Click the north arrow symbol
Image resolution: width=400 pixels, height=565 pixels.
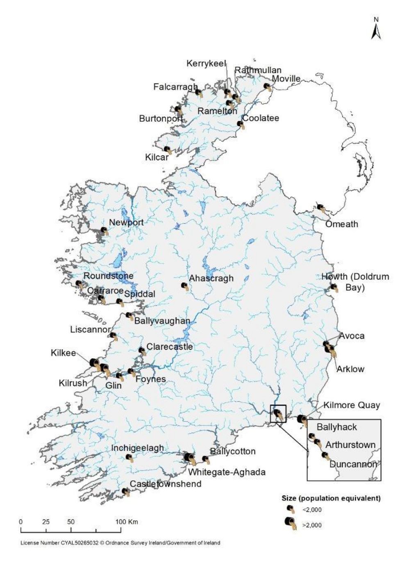[376, 29]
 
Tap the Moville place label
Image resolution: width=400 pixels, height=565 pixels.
[286, 79]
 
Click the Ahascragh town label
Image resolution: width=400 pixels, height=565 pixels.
[211, 278]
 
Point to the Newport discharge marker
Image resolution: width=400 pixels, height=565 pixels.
[105, 231]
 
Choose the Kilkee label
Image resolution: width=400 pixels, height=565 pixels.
[64, 353]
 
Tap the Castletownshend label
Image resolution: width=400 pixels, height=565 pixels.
[166, 484]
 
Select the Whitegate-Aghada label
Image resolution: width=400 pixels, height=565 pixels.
[227, 472]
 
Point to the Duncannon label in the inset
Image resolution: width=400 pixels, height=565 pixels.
[353, 464]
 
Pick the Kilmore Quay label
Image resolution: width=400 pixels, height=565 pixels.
[352, 405]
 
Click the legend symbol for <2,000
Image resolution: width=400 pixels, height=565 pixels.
[291, 510]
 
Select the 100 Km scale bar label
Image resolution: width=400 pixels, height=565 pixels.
[127, 522]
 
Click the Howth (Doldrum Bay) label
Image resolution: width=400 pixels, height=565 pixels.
[355, 282]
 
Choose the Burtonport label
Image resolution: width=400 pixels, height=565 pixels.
[161, 119]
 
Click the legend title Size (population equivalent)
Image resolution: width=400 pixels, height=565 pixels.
[331, 498]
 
